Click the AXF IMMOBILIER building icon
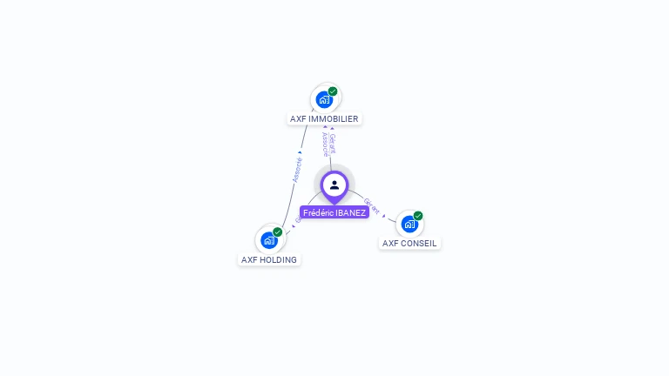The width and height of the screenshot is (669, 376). [324, 99]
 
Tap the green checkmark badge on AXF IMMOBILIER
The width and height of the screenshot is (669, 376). [333, 91]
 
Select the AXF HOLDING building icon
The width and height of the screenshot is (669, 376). [269, 240]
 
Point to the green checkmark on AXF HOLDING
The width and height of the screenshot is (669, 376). [278, 232]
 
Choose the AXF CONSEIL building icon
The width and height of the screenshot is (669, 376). [409, 224]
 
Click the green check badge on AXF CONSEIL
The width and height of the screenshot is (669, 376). [418, 216]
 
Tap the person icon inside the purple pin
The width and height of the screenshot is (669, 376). [334, 185]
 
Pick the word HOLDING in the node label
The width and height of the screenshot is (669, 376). [279, 260]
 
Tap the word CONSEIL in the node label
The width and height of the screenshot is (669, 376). [418, 244]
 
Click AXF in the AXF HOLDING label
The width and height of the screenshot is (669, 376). [249, 260]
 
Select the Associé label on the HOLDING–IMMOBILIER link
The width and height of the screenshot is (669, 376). [297, 169]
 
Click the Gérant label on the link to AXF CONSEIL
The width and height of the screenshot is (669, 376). [372, 205]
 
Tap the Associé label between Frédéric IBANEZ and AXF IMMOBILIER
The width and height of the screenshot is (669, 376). [324, 144]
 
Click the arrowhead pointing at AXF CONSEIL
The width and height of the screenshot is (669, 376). [385, 214]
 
